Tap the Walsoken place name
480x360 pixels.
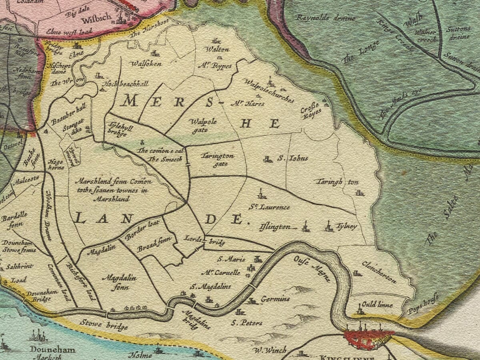tap(146, 64)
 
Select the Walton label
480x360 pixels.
tap(217, 50)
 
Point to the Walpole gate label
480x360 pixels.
tap(204, 124)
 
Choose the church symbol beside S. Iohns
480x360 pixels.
tap(268, 159)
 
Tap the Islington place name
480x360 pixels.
tap(275, 227)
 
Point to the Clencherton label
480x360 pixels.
tap(379, 272)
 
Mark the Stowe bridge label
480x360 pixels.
tap(104, 324)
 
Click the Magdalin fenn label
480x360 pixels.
tap(119, 281)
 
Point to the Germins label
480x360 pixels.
tap(275, 299)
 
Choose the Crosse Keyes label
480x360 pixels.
tap(311, 109)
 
